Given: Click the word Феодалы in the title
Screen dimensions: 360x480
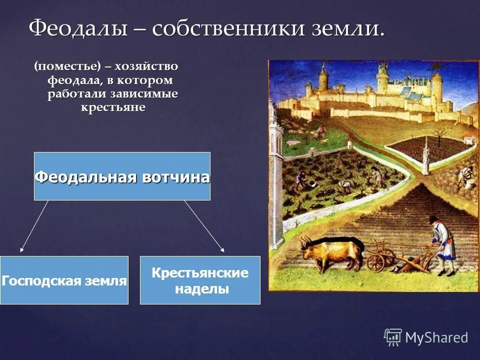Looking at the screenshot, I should tap(78, 28).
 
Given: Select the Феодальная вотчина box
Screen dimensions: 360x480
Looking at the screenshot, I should tap(122, 176).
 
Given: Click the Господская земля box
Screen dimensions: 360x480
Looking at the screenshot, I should tap(64, 280).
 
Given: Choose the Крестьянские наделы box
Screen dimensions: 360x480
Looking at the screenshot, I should tap(200, 280).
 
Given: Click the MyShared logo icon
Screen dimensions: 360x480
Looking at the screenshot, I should tap(393, 337).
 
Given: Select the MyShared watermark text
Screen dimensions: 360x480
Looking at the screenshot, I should tap(436, 338).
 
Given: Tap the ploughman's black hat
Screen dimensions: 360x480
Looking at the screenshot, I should tap(433, 219).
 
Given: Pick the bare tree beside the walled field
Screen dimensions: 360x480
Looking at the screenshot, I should tap(439, 135).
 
